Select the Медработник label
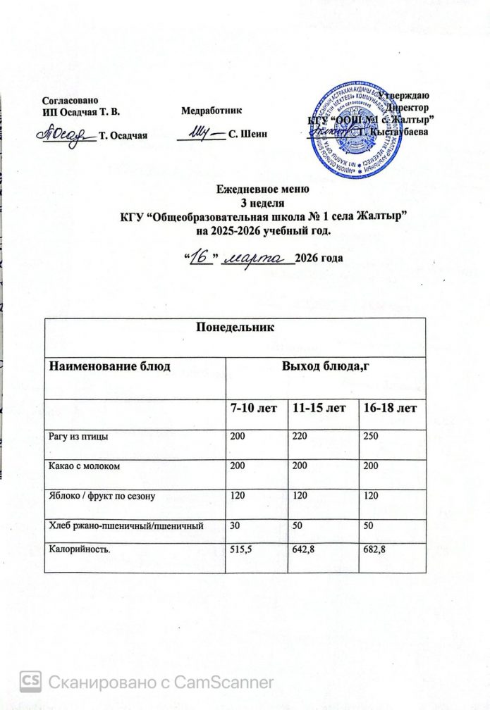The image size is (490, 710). pos(212,111)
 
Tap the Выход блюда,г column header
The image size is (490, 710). pos(326,367)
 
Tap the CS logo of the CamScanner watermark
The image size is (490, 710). pos(31,681)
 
